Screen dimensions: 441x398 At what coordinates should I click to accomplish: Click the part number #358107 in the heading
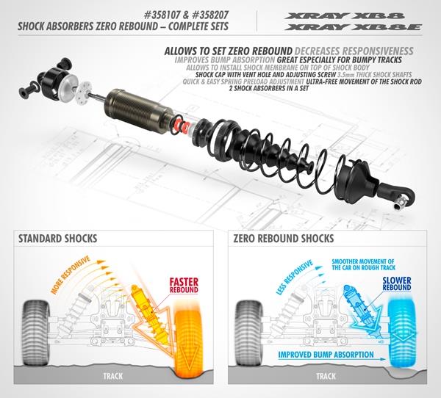coord(163,15)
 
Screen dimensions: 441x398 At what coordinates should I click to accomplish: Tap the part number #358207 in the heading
coord(209,15)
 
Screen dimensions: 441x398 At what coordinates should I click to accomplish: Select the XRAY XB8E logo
coord(353,27)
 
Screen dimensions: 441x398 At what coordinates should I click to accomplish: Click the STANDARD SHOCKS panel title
coord(57,239)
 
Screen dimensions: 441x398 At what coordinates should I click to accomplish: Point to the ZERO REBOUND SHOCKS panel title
coord(284,239)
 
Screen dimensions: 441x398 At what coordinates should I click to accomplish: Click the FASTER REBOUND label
coord(184,286)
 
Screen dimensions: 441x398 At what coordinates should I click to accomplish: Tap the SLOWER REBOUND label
coord(397,284)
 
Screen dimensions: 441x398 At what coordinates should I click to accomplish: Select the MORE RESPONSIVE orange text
coord(71,275)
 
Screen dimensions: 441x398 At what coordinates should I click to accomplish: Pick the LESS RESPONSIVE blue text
coord(295,277)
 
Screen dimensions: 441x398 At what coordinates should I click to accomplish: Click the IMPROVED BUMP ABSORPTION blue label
coord(326,355)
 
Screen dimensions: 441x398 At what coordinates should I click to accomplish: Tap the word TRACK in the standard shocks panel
coord(112,376)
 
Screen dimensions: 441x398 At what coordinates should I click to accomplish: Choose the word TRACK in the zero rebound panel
coord(326,376)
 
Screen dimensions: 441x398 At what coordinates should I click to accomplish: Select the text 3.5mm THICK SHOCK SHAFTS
coord(374,75)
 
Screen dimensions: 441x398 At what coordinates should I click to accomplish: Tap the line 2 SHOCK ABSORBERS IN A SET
coord(269,88)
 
